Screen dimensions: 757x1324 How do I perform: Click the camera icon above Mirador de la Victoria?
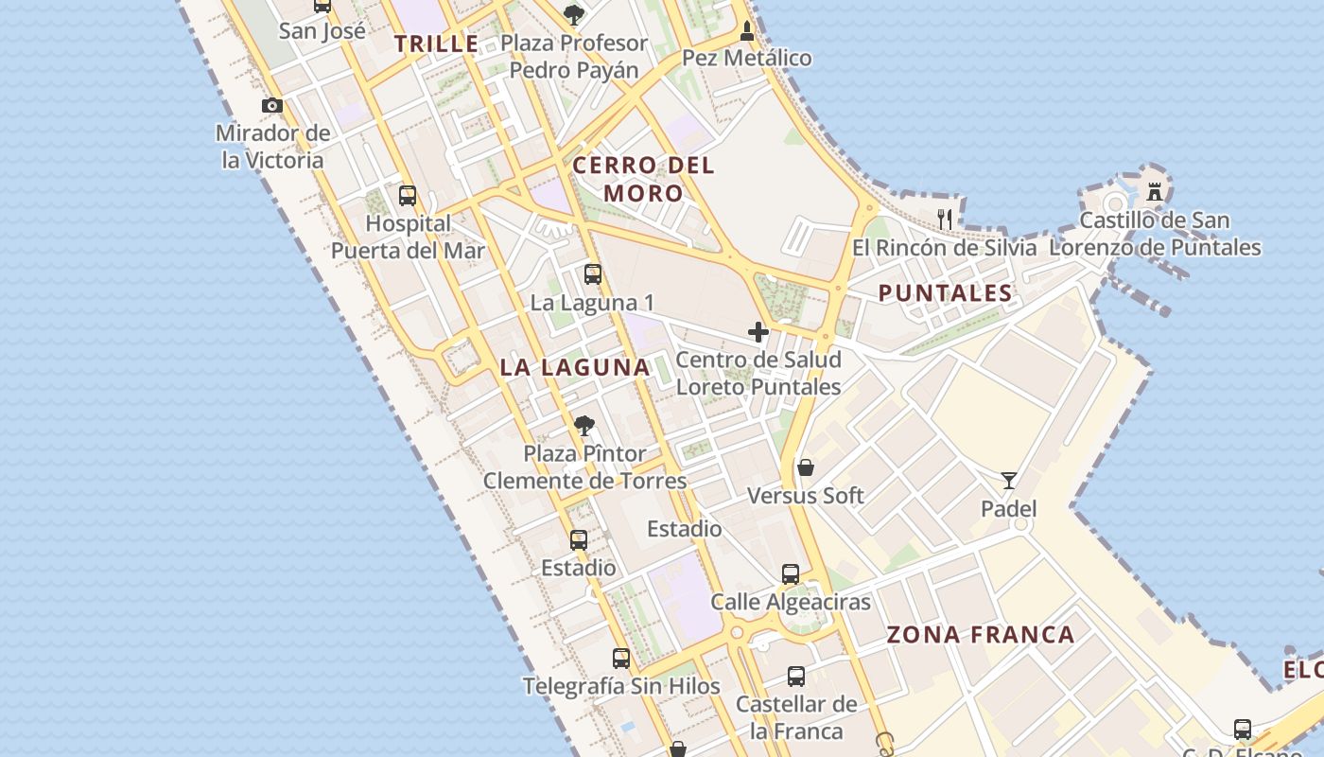272,105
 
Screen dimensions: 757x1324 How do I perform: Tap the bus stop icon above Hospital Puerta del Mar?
408,196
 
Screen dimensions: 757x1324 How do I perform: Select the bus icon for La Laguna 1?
593,274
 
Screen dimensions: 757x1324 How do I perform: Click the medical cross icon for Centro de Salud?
758,332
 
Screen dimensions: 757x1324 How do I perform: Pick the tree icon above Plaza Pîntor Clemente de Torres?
584,426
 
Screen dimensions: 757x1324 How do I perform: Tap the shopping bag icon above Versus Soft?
806,467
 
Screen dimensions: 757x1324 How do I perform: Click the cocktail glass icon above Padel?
1009,481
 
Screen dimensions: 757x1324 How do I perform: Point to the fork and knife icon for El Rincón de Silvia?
944,220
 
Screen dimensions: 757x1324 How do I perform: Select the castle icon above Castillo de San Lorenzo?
1155,192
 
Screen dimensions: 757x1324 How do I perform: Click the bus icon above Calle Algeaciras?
791,573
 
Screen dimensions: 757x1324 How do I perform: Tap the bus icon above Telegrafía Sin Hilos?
621,659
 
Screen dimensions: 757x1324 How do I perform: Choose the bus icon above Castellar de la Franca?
796,677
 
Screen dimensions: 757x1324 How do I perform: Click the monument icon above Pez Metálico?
747,30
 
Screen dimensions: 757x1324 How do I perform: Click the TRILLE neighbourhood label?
437,44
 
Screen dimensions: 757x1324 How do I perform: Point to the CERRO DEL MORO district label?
643,179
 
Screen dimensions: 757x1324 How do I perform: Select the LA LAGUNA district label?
575,367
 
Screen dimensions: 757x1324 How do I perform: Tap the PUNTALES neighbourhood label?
946,293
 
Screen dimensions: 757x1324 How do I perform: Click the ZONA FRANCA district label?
981,635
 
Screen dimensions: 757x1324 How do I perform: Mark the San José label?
322,30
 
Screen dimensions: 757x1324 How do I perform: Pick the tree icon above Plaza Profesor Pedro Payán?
573,14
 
